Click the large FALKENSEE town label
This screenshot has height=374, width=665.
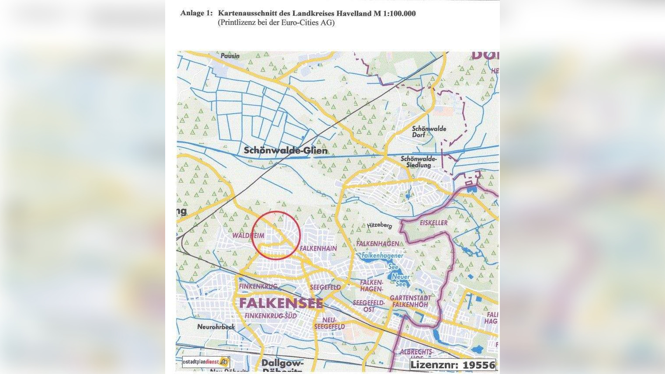pos(281,303)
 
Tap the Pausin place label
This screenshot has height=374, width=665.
pos(230,56)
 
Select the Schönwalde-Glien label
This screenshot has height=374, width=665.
pos(285,151)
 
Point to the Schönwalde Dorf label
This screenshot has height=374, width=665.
pos(429,132)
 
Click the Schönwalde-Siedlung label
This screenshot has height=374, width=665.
pos(419,162)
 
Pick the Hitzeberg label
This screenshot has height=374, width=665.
pos(379,225)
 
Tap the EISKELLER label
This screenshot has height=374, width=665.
pos(433,223)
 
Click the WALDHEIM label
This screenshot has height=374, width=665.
pos(248,235)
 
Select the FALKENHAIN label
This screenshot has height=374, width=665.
pos(318,248)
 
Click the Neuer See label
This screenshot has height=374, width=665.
pos(401,280)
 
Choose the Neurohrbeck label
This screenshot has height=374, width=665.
pos(216,327)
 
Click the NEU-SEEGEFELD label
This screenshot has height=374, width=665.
pos(329,323)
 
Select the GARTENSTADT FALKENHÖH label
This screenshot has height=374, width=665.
pos(410,301)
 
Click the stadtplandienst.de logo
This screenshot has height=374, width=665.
pos(206,362)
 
